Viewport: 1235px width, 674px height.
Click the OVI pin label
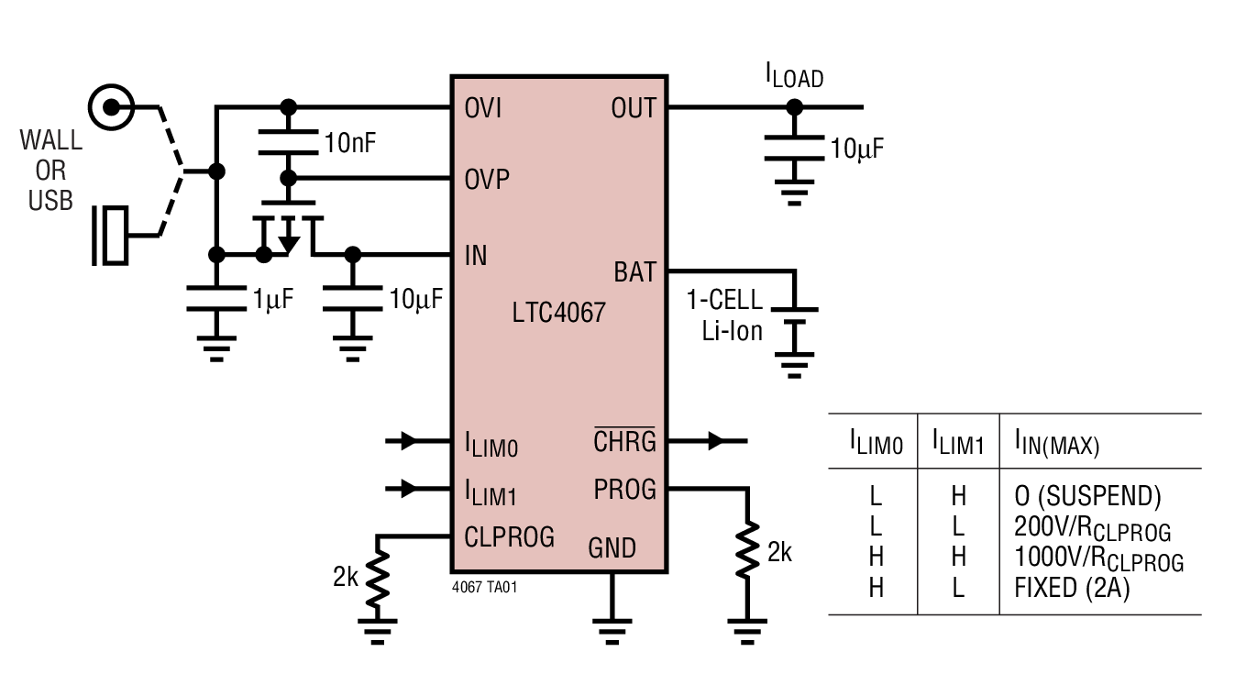tap(483, 108)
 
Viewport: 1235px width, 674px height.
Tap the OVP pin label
tap(486, 180)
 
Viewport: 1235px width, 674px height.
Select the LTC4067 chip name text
tap(558, 313)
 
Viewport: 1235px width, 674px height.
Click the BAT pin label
tap(634, 272)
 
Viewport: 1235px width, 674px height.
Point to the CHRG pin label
tap(624, 441)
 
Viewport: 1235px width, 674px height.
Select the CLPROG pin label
tap(509, 536)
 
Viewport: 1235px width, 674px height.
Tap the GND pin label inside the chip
tap(612, 547)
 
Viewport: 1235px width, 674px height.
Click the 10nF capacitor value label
tap(349, 143)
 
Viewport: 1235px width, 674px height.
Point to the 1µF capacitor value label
tap(272, 298)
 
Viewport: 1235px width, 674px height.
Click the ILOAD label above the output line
tap(794, 75)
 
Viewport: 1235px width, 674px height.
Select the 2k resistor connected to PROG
tap(750, 553)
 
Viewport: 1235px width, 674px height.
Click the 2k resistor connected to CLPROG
tap(377, 579)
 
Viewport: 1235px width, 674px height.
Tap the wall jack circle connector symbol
tap(112, 107)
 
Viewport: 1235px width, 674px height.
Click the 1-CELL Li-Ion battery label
tap(724, 315)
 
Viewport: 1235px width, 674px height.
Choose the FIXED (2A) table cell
tap(1071, 588)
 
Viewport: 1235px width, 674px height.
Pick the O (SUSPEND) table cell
tap(1087, 496)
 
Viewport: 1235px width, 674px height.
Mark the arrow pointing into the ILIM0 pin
tap(408, 442)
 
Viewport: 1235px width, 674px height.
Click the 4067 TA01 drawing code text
tap(485, 588)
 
